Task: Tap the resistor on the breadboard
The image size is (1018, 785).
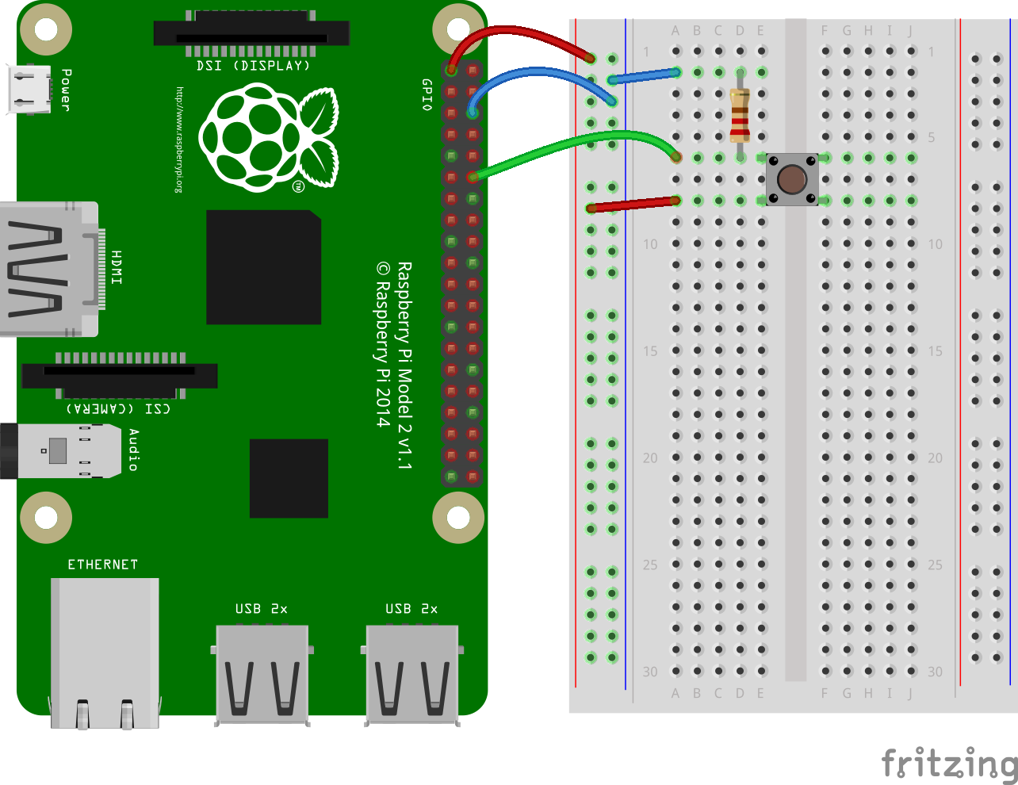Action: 740,115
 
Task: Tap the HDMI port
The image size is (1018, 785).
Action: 48,270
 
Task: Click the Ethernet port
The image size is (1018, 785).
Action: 105,650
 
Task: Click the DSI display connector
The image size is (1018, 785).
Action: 251,34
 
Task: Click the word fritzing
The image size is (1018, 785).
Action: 949,764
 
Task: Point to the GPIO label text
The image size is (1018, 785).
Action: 427,94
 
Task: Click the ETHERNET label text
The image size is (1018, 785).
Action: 103,565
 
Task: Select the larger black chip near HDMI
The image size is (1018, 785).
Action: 263,267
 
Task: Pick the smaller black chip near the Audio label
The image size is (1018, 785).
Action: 289,478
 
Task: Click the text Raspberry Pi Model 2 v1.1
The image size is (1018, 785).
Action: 404,366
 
